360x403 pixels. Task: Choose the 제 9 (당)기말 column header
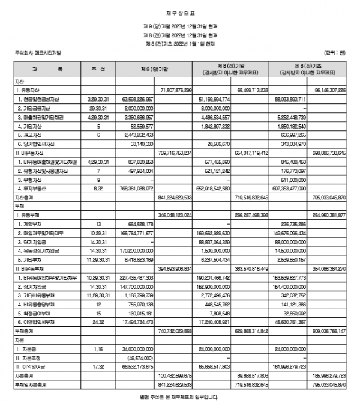click(x=139, y=70)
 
